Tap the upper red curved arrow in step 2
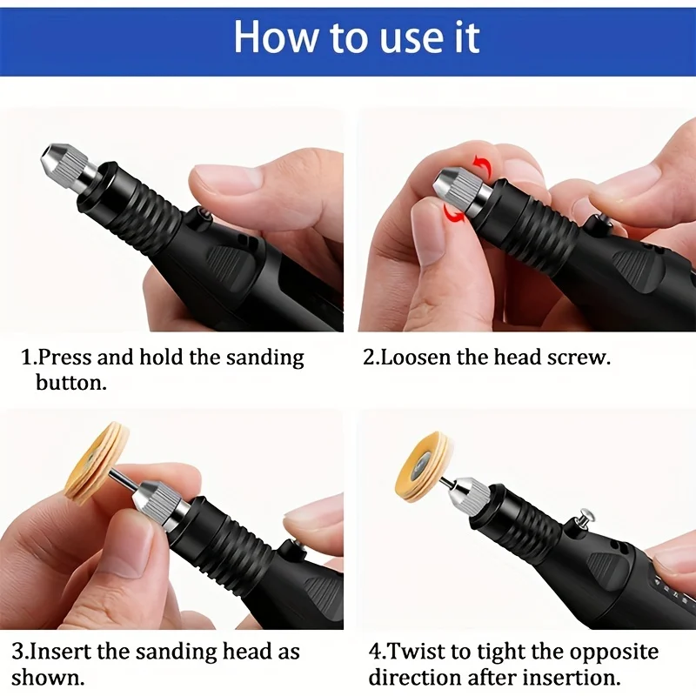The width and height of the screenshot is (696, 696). pos(484,166)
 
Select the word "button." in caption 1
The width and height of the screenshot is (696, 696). pos(71,383)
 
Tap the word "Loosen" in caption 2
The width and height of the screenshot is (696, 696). pos(416,358)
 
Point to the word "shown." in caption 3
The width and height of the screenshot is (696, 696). pos(49,678)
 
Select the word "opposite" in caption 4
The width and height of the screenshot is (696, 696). pos(614,652)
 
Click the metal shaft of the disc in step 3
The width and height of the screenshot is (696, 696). pos(127,483)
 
